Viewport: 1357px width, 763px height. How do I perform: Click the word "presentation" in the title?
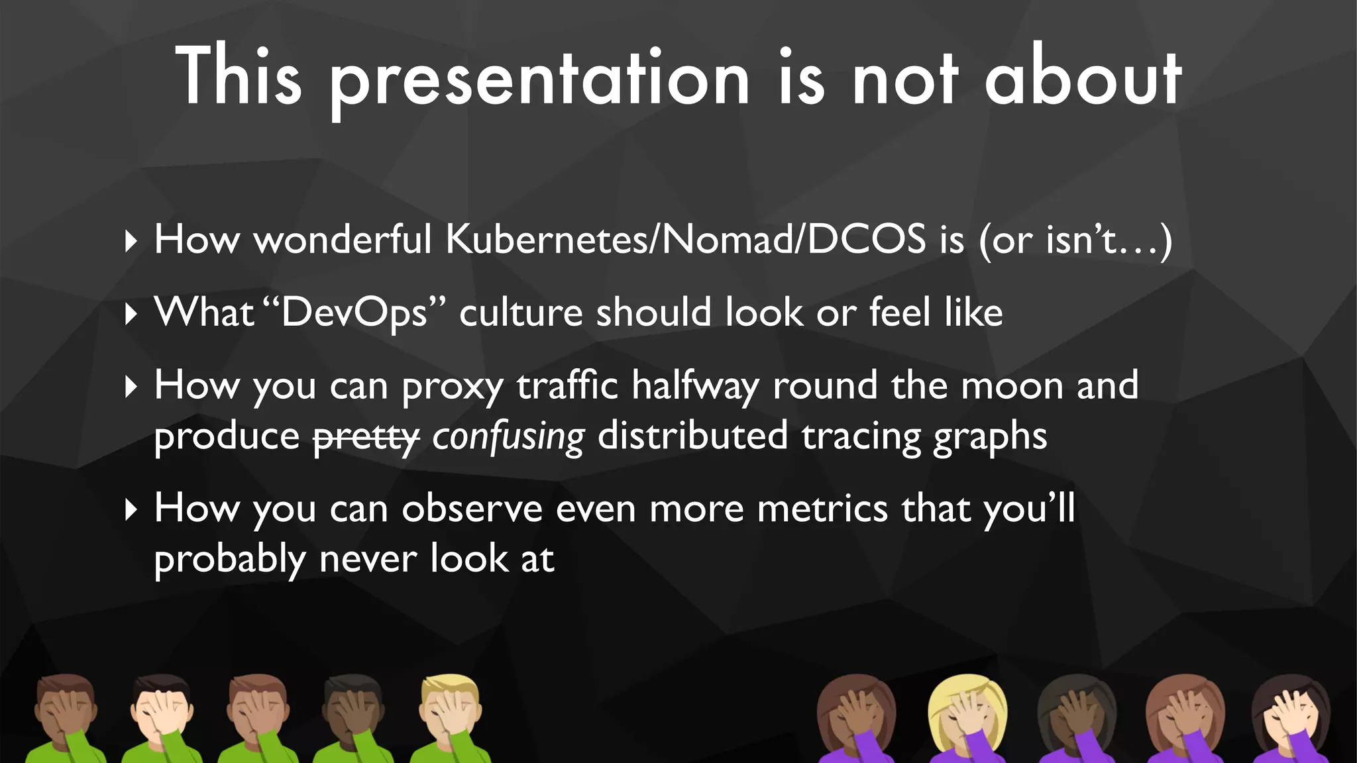(x=540, y=79)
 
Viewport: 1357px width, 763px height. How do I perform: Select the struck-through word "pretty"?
(x=366, y=437)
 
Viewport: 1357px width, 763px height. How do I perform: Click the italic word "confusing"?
(x=508, y=437)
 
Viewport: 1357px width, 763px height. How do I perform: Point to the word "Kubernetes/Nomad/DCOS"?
(x=686, y=239)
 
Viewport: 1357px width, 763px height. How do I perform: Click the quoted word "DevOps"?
(x=354, y=313)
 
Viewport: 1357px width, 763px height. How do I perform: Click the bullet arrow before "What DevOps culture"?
(x=131, y=314)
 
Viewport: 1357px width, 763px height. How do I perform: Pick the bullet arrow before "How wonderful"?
(x=131, y=241)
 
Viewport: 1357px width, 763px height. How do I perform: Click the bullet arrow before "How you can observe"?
(x=131, y=510)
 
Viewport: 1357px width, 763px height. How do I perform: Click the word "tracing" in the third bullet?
(x=860, y=437)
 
